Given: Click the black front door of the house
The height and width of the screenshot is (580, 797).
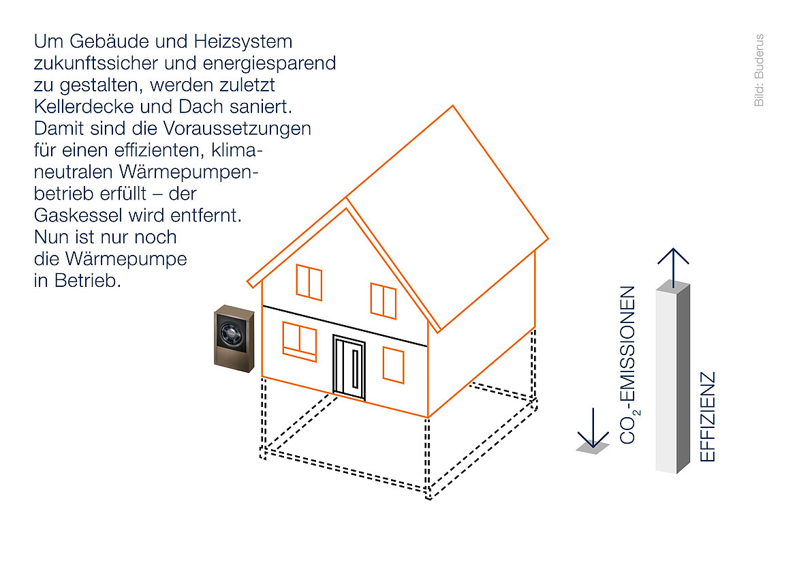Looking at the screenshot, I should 349,366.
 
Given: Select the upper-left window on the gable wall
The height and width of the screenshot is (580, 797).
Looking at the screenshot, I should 309,282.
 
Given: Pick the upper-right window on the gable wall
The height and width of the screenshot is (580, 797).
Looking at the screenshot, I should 384,301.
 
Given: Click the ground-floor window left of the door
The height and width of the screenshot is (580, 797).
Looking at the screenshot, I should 300,341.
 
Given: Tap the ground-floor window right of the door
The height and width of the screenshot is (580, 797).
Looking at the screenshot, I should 393,365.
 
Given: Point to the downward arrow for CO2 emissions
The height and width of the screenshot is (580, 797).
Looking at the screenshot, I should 593,427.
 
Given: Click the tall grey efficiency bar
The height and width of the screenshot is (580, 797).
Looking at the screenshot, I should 672,378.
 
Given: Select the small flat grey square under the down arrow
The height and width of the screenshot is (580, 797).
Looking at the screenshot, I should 593,448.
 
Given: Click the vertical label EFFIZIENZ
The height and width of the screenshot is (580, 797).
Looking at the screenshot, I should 708,416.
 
